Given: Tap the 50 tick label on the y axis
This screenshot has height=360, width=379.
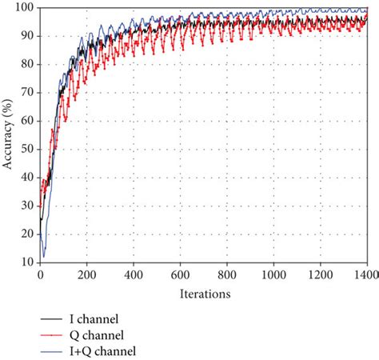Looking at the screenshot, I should (x=29, y=149).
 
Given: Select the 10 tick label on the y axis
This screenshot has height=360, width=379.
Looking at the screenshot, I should (x=29, y=262).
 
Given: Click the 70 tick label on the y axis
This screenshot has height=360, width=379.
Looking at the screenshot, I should (x=29, y=92).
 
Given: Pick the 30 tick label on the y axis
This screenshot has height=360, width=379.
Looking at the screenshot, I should (x=29, y=206).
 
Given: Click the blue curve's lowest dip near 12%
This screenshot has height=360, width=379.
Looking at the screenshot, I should (x=44, y=256).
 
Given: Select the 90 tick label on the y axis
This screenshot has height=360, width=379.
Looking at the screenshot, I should (x=29, y=36).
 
